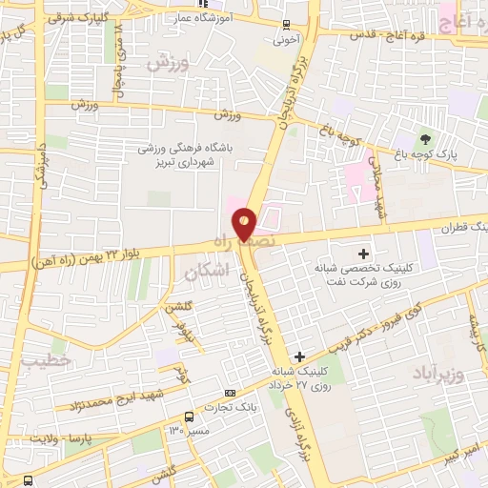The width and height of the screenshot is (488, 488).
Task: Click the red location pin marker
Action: coord(245,225)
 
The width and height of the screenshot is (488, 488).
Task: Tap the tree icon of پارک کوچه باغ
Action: coord(425,139)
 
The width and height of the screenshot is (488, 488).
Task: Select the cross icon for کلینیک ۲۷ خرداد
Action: coord(300,356)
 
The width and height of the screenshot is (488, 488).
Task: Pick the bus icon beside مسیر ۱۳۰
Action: coord(189,417)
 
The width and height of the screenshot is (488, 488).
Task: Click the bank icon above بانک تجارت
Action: coord(229,394)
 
